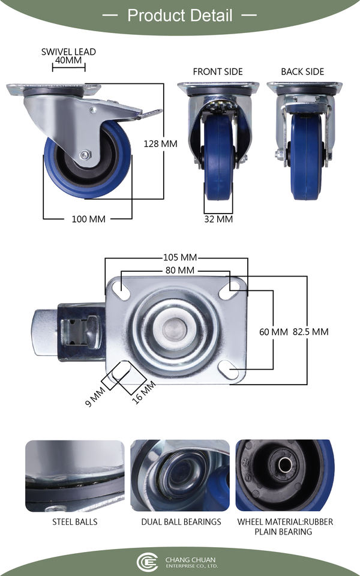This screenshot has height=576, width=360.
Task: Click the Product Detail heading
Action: coord(180,16)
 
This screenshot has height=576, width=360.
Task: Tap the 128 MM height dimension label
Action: coord(161,143)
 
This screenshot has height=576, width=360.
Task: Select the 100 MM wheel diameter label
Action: coord(89,220)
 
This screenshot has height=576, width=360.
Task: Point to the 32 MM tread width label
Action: coord(218,220)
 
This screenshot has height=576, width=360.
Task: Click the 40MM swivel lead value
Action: coord(68,60)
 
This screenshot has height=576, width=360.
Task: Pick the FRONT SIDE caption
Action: coord(218,71)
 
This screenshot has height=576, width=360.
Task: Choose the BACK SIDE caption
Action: coord(302,71)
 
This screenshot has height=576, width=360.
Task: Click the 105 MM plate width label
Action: coord(180,257)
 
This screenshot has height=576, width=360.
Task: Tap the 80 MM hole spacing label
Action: coord(180,271)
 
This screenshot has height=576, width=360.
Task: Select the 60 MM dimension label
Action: coord(274,332)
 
